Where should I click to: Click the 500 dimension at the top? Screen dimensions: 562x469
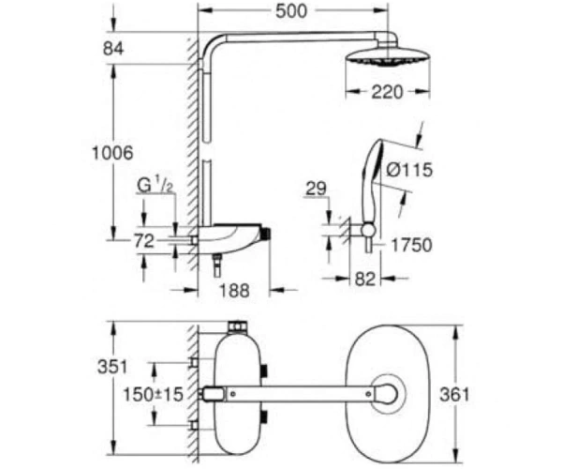291,10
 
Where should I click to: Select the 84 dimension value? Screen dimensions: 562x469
113,49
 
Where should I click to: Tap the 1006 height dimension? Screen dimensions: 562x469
112,153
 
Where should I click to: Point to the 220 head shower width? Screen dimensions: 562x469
387,92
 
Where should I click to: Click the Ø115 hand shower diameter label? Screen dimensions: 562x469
409,170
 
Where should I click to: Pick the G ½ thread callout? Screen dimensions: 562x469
155,186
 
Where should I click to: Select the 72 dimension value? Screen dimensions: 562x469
144,241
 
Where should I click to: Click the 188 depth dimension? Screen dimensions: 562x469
234,290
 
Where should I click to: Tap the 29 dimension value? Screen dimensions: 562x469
316,189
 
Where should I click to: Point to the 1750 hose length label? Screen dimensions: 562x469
411,245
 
